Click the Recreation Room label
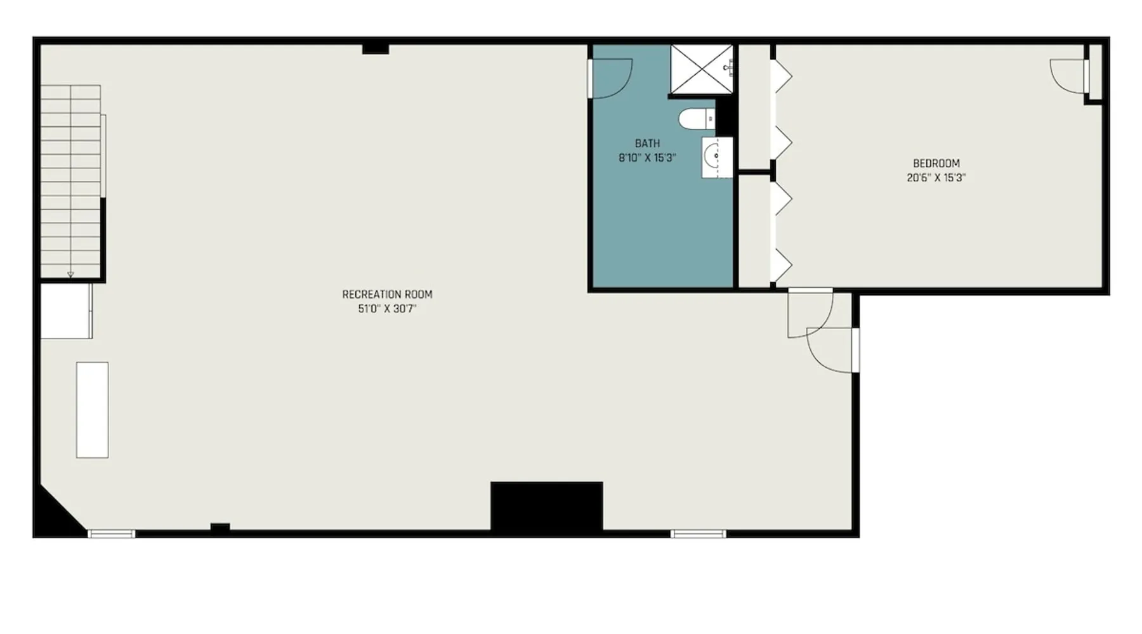click(x=387, y=294)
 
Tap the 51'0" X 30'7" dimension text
click(x=387, y=309)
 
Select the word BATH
click(x=647, y=143)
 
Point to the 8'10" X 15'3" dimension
click(x=647, y=158)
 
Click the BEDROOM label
click(x=936, y=163)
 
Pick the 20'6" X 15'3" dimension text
click(x=936, y=178)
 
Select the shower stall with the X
click(x=702, y=70)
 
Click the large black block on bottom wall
click(x=546, y=506)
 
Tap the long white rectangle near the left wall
click(x=92, y=410)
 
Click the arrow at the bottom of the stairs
click(x=70, y=274)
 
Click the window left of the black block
click(x=111, y=534)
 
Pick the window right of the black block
click(x=698, y=534)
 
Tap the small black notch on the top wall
click(x=375, y=49)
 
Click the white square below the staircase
click(x=66, y=311)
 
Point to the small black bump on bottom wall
click(x=220, y=526)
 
